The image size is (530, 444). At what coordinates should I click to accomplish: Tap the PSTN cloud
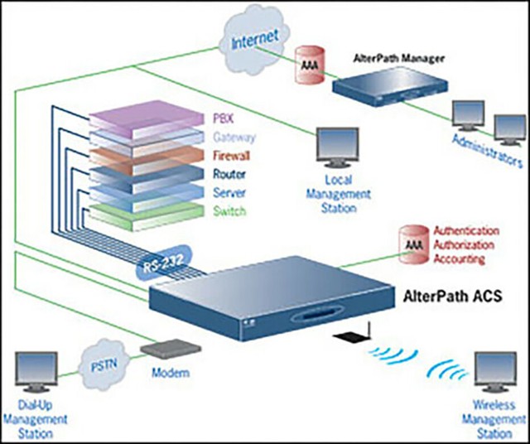pos(103,362)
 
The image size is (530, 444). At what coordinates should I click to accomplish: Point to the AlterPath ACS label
pos(463,294)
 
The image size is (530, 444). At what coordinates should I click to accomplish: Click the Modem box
pos(171,351)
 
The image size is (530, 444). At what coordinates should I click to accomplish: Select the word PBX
pos(223,118)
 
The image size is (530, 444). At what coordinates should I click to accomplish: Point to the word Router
pos(229,174)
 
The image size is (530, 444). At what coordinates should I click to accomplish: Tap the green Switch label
pos(228,211)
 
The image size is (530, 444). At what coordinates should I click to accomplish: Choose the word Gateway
pos(233,137)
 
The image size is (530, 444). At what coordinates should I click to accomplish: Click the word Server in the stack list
pos(228,192)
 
